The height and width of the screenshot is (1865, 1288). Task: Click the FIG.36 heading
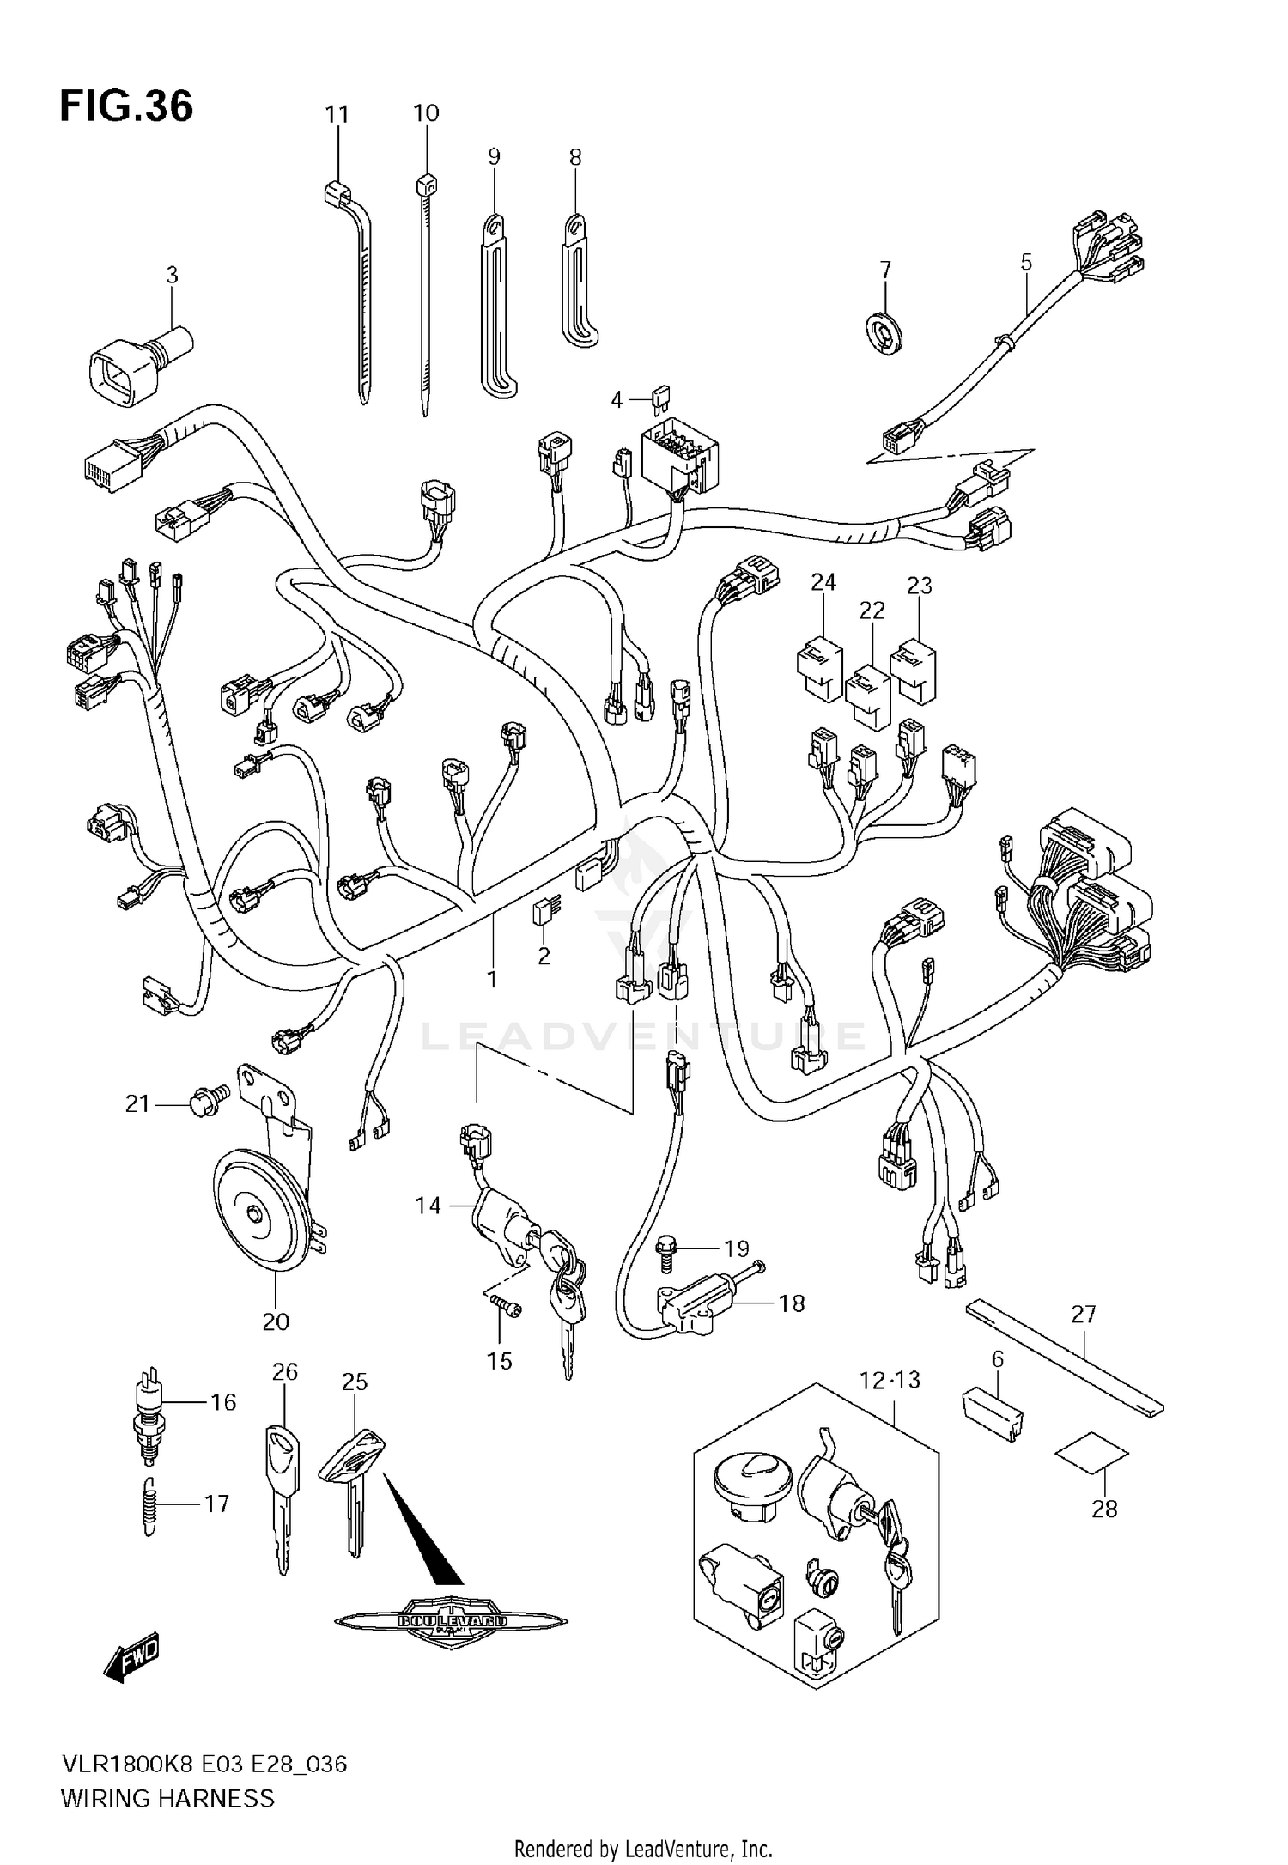126,106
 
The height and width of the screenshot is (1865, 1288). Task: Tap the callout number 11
337,113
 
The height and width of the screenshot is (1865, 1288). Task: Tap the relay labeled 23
914,669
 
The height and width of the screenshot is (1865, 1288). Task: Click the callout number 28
1104,1508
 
